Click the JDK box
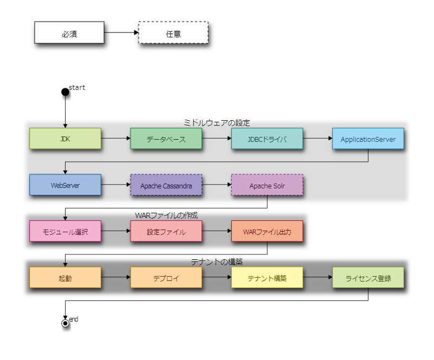tap(65, 139)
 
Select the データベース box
tap(166, 139)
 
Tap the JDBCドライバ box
tap(267, 139)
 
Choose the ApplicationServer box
tap(368, 139)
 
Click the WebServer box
tap(65, 185)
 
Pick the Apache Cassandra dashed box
tap(166, 185)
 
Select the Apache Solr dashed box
tap(267, 185)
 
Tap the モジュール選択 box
tap(65, 232)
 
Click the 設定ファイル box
tap(166, 232)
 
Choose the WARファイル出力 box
tap(267, 232)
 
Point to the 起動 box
tap(65, 278)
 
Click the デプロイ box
tap(166, 278)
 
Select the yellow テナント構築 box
tap(267, 278)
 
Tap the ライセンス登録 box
tap(368, 278)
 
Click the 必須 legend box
tap(69, 32)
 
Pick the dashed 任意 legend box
tap(173, 32)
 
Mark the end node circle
tap(65, 323)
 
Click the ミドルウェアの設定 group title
tap(217, 122)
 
